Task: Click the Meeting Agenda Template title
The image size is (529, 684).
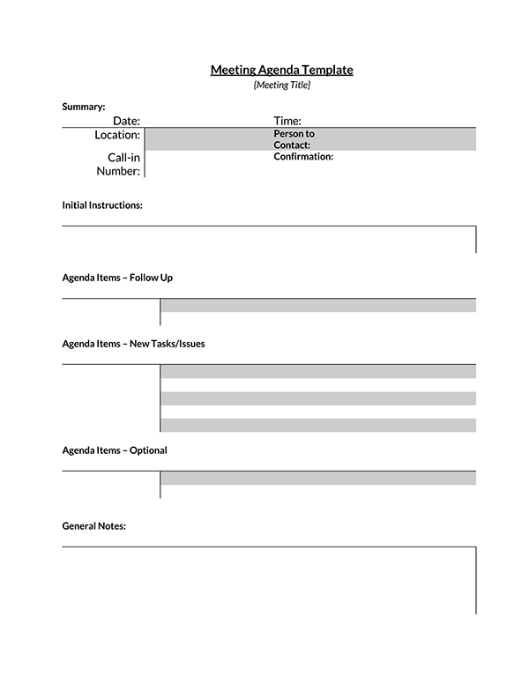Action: pos(281,70)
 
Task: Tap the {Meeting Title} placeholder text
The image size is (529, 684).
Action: pos(281,85)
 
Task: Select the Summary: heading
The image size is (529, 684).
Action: pos(84,107)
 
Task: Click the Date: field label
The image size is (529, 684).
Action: pos(126,121)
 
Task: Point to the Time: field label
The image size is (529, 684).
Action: pos(287,121)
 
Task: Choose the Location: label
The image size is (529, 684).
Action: pos(117,135)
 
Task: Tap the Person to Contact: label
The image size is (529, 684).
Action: pos(294,139)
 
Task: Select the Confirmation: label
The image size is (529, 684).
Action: pos(303,156)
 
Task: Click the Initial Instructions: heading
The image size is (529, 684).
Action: pos(102,204)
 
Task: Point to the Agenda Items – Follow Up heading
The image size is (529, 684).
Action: pos(117,278)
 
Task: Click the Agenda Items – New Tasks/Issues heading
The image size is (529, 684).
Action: pos(133,344)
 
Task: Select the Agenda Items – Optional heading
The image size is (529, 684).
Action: pos(115,450)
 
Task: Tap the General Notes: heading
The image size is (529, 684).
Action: pos(94,526)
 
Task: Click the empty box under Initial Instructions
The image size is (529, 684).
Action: pos(269,240)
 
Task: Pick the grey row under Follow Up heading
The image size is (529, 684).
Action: pos(318,306)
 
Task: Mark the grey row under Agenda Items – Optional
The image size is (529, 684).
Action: pos(318,478)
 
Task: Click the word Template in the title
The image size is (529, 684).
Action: pos(327,70)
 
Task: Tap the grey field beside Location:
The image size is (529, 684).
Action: pos(208,139)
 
